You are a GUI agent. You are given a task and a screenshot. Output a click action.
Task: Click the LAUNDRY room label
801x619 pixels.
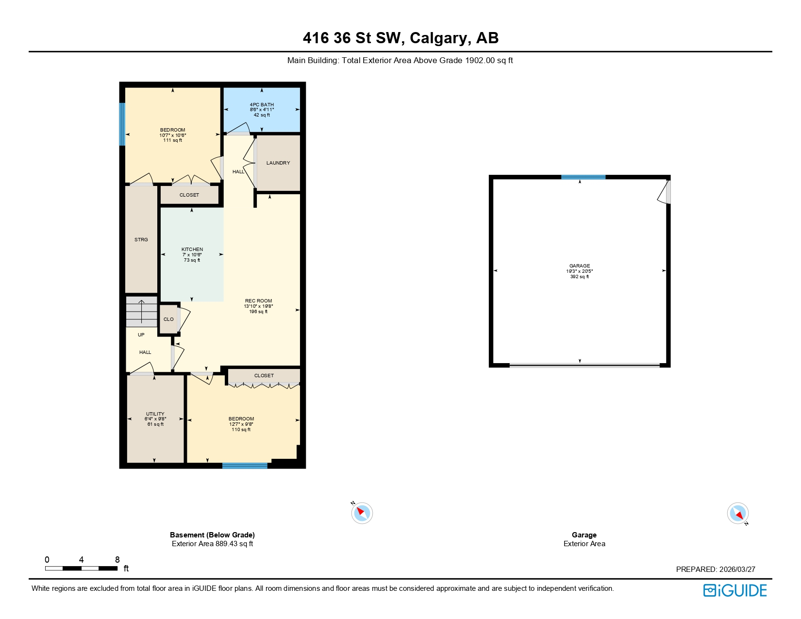pyautogui.click(x=278, y=163)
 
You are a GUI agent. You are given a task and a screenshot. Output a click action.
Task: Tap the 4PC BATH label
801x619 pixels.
pyautogui.click(x=262, y=105)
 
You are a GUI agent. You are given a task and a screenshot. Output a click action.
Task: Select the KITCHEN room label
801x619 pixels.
pyautogui.click(x=192, y=250)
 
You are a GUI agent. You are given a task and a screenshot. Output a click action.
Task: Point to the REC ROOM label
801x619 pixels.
pyautogui.click(x=258, y=301)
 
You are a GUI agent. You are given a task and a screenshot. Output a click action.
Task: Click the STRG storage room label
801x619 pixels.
pyautogui.click(x=141, y=240)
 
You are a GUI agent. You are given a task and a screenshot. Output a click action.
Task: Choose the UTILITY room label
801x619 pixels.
pyautogui.click(x=155, y=414)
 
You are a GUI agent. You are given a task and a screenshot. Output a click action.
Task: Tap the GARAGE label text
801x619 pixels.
pyautogui.click(x=580, y=266)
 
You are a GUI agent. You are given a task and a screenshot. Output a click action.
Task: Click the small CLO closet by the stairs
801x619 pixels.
pyautogui.click(x=168, y=319)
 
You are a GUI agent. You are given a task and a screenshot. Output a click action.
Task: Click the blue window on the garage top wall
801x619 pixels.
pyautogui.click(x=583, y=177)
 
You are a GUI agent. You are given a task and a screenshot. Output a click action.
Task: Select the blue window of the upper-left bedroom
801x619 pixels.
pyautogui.click(x=122, y=124)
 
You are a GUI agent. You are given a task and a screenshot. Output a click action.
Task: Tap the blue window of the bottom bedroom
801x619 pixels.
pyautogui.click(x=245, y=466)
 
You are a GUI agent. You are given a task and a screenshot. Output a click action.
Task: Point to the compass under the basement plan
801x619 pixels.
pyautogui.click(x=362, y=513)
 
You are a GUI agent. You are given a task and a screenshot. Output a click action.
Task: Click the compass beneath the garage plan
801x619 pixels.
pyautogui.click(x=738, y=513)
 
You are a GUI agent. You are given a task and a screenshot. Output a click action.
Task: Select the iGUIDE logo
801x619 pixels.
pyautogui.click(x=735, y=590)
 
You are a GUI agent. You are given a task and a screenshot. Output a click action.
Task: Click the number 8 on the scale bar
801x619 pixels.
pyautogui.click(x=117, y=560)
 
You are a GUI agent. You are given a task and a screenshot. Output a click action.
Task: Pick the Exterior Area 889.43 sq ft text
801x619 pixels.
pyautogui.click(x=212, y=544)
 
